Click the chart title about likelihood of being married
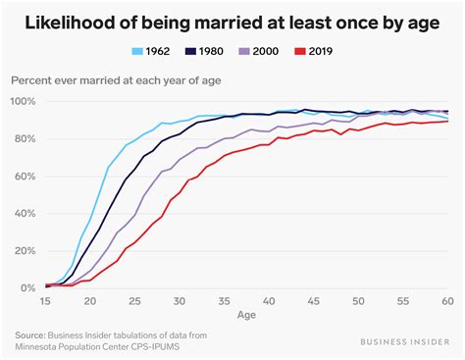tap(232, 18)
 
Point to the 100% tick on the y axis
tap(23, 102)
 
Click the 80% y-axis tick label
tap(25, 139)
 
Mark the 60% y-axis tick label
tap(25, 177)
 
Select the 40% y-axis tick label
tap(25, 214)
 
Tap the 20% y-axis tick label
tap(25, 251)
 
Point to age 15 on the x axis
tap(46, 302)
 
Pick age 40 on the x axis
tap(271, 302)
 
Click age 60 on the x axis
tap(449, 302)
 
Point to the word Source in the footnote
tap(30, 335)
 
